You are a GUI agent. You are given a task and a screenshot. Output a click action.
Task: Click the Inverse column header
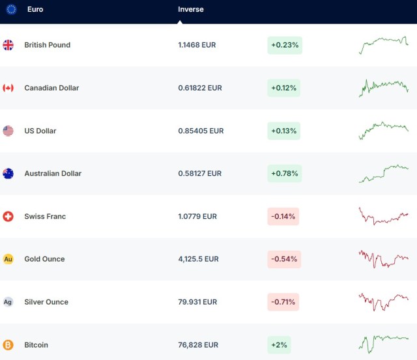pos(190,10)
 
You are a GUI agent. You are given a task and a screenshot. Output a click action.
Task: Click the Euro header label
pos(35,10)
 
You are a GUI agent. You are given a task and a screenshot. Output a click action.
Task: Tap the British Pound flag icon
pos(8,45)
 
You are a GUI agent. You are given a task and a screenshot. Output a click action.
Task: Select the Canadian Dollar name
pos(51,88)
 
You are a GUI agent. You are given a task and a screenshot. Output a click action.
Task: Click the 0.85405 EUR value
pos(201,131)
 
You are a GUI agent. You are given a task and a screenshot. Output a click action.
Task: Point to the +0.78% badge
pos(284,174)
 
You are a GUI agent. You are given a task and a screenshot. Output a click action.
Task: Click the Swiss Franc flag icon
pos(8,216)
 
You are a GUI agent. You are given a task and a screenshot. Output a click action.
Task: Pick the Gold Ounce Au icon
pos(8,259)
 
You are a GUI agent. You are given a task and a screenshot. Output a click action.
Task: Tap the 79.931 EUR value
pos(197,302)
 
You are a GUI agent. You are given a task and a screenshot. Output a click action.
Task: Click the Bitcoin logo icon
pos(8,345)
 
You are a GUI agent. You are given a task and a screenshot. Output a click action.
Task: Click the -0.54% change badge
pos(283,259)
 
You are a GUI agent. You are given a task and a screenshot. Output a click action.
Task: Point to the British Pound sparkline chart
pos(384,45)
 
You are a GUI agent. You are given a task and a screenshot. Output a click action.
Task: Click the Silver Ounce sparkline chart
pos(384,302)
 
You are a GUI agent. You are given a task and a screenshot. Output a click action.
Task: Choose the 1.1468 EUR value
pos(197,45)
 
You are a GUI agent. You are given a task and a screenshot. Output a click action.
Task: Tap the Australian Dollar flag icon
pos(8,174)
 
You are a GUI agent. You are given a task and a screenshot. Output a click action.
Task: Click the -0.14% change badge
pos(283,216)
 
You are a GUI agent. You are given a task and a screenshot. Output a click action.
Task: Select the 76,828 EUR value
pos(198,345)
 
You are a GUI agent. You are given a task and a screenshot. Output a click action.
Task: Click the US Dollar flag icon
pos(8,131)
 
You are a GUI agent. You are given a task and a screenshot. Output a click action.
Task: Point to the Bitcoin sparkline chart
pos(384,342)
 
